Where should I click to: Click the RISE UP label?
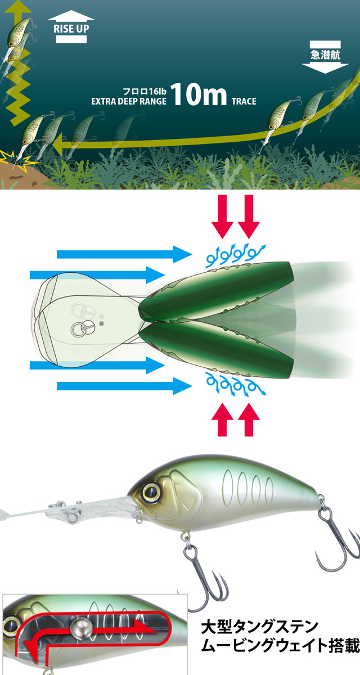(x=71, y=29)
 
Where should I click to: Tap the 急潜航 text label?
(x=325, y=55)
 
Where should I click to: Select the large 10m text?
(x=199, y=94)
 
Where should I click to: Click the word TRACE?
(x=244, y=101)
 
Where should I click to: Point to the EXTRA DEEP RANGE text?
(x=129, y=101)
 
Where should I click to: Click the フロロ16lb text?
(x=145, y=91)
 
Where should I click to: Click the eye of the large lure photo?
(x=151, y=492)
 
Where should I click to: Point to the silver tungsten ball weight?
(x=80, y=628)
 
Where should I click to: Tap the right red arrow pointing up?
(x=249, y=419)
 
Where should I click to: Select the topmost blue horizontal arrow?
(x=124, y=254)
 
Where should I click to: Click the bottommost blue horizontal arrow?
(x=124, y=386)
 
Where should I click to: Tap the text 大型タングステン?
(x=259, y=627)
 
